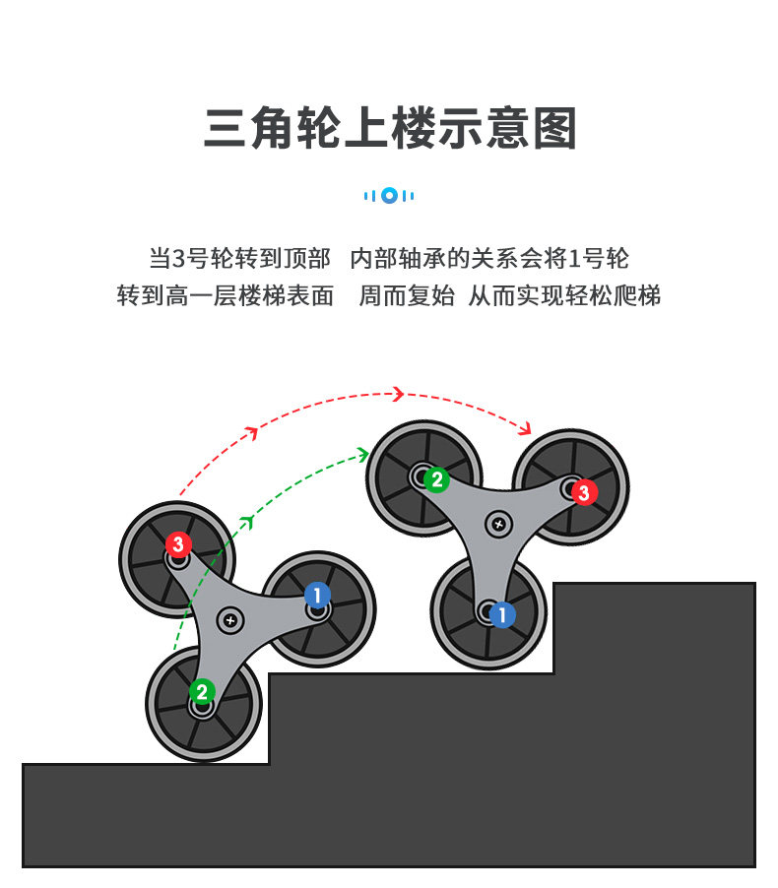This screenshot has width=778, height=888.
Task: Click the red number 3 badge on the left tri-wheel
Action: pyautogui.click(x=177, y=543)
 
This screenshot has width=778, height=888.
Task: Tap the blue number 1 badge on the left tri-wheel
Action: pyautogui.click(x=316, y=595)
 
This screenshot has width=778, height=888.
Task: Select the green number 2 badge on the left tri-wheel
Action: pyautogui.click(x=202, y=691)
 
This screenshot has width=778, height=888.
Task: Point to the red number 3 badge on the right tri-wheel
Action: pyautogui.click(x=584, y=492)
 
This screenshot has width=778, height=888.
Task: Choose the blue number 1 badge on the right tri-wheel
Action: pyautogui.click(x=502, y=615)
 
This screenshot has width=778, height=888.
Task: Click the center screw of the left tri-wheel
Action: pyautogui.click(x=231, y=620)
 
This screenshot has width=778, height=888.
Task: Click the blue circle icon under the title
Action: pyautogui.click(x=389, y=195)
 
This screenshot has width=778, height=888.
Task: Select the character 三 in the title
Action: pyautogui.click(x=226, y=128)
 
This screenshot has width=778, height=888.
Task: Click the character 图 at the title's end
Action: pyautogui.click(x=553, y=128)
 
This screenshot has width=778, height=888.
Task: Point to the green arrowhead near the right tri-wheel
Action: pyautogui.click(x=362, y=455)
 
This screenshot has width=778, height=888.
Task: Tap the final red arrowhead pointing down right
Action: pyautogui.click(x=526, y=428)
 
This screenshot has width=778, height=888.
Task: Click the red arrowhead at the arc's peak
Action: pyautogui.click(x=398, y=394)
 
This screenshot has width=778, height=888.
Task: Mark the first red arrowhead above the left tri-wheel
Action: pyautogui.click(x=252, y=431)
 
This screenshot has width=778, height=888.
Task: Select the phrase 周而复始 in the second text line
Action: pyautogui.click(x=406, y=295)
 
